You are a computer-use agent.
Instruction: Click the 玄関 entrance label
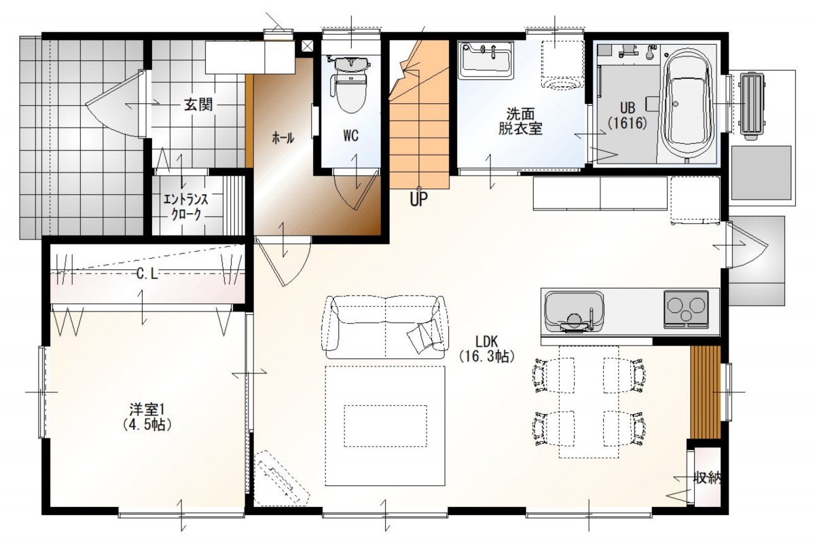(x=198, y=105)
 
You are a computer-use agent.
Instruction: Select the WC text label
(x=350, y=136)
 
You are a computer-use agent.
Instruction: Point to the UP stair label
(x=419, y=200)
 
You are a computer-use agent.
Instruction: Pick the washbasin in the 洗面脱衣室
(x=486, y=60)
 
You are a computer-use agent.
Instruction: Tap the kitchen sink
(x=574, y=312)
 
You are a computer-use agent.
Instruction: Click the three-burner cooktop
(x=686, y=309)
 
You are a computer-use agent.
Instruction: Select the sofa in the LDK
(x=385, y=328)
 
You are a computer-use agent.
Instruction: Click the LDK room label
(x=486, y=341)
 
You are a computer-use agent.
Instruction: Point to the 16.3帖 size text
(x=486, y=357)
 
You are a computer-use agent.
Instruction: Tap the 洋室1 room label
(x=147, y=410)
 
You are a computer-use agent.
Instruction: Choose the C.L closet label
(x=147, y=274)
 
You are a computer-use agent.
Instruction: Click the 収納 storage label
(x=708, y=477)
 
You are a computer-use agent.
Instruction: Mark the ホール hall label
(x=283, y=138)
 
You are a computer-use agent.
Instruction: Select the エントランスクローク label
(x=186, y=207)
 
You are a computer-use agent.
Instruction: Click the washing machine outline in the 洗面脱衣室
(x=562, y=64)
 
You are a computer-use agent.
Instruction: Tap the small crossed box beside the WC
(x=307, y=45)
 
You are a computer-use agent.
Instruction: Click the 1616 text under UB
(x=628, y=124)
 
